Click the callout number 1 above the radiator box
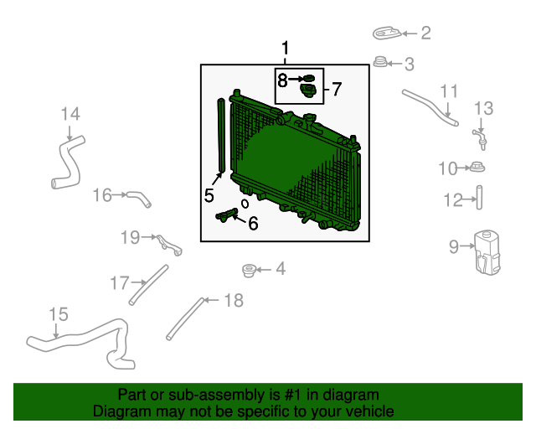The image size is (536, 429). (x=285, y=48)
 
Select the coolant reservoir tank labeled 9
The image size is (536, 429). (x=487, y=252)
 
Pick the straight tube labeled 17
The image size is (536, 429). (x=149, y=285)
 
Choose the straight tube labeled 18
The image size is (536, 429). (x=185, y=319)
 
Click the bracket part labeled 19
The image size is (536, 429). (x=169, y=245)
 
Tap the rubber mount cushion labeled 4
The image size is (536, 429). (x=249, y=271)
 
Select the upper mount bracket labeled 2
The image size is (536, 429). (x=387, y=34)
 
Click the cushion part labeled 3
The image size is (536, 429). (x=379, y=62)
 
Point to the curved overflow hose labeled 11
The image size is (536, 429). (x=430, y=108)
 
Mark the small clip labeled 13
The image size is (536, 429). (x=480, y=139)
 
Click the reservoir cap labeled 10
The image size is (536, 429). (x=477, y=168)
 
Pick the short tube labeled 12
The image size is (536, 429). (x=479, y=198)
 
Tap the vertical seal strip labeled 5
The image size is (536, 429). (x=221, y=136)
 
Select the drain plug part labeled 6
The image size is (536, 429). (x=227, y=214)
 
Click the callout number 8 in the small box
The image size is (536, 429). (x=282, y=80)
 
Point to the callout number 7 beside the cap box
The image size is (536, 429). (x=337, y=89)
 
